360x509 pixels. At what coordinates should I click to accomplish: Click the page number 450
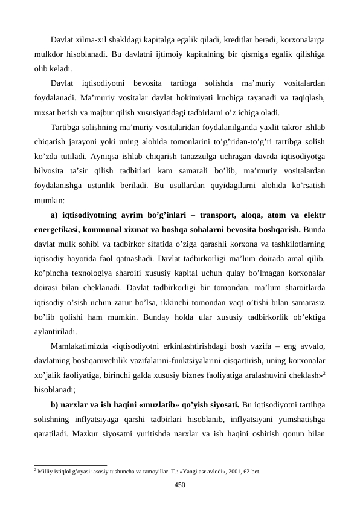179,484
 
